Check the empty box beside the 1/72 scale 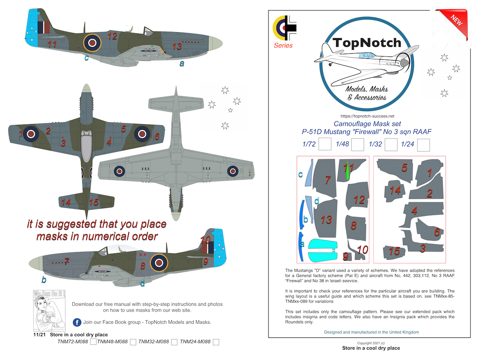click(325, 144)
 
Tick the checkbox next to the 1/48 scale click(358, 144)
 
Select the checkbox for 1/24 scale click(424, 145)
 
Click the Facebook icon click(77, 322)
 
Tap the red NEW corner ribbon click(454, 22)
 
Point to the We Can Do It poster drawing click(49, 311)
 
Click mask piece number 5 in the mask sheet click(395, 170)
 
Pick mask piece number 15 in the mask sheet click(394, 252)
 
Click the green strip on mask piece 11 click(348, 171)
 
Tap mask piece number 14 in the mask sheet click(394, 191)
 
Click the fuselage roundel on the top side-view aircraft click(92, 43)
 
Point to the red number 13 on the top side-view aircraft click(177, 47)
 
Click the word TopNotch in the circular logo click(367, 43)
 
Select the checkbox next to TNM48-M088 click(133, 342)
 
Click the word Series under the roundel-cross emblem click(283, 45)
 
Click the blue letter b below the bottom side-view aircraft click(44, 280)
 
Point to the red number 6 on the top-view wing click(157, 136)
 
